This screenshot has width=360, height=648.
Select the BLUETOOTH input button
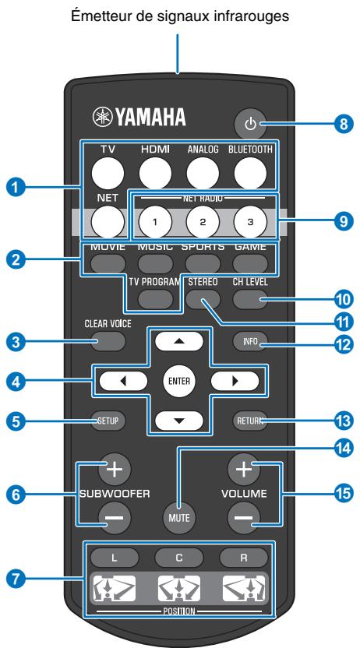pos(249,168)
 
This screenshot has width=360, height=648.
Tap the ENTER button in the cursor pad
pos(180,382)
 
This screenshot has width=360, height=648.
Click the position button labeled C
pos(179,558)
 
